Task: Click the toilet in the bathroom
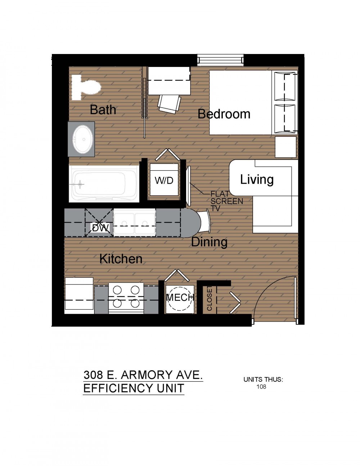point(86,87)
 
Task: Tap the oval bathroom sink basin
point(82,139)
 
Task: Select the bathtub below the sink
point(104,184)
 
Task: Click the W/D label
point(164,181)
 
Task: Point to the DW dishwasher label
point(100,228)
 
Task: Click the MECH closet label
point(180,297)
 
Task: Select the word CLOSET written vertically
point(210,298)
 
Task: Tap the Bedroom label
point(224,114)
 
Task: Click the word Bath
point(103,109)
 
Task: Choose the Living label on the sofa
point(257,179)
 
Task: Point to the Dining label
point(209,242)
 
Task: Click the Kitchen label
point(121,259)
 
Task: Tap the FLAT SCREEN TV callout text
point(227,201)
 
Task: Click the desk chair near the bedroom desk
point(169,104)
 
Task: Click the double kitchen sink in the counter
point(134,223)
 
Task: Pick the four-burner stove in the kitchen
point(126,298)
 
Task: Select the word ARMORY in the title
point(147,375)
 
